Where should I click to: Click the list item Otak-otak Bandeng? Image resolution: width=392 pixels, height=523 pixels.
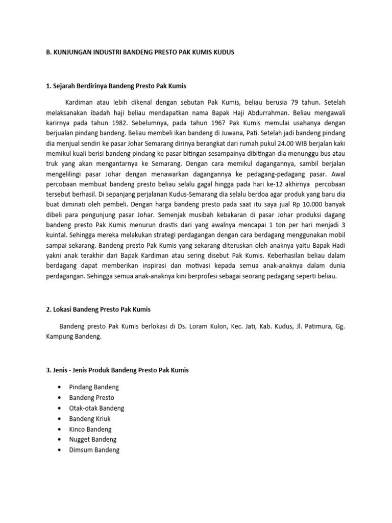tap(96, 408)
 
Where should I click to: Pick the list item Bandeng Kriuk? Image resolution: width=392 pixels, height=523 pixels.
tap(89, 419)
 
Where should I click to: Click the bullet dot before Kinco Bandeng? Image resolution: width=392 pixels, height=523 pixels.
tap(60, 430)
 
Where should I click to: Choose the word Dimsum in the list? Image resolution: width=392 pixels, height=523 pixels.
tap(80, 450)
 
